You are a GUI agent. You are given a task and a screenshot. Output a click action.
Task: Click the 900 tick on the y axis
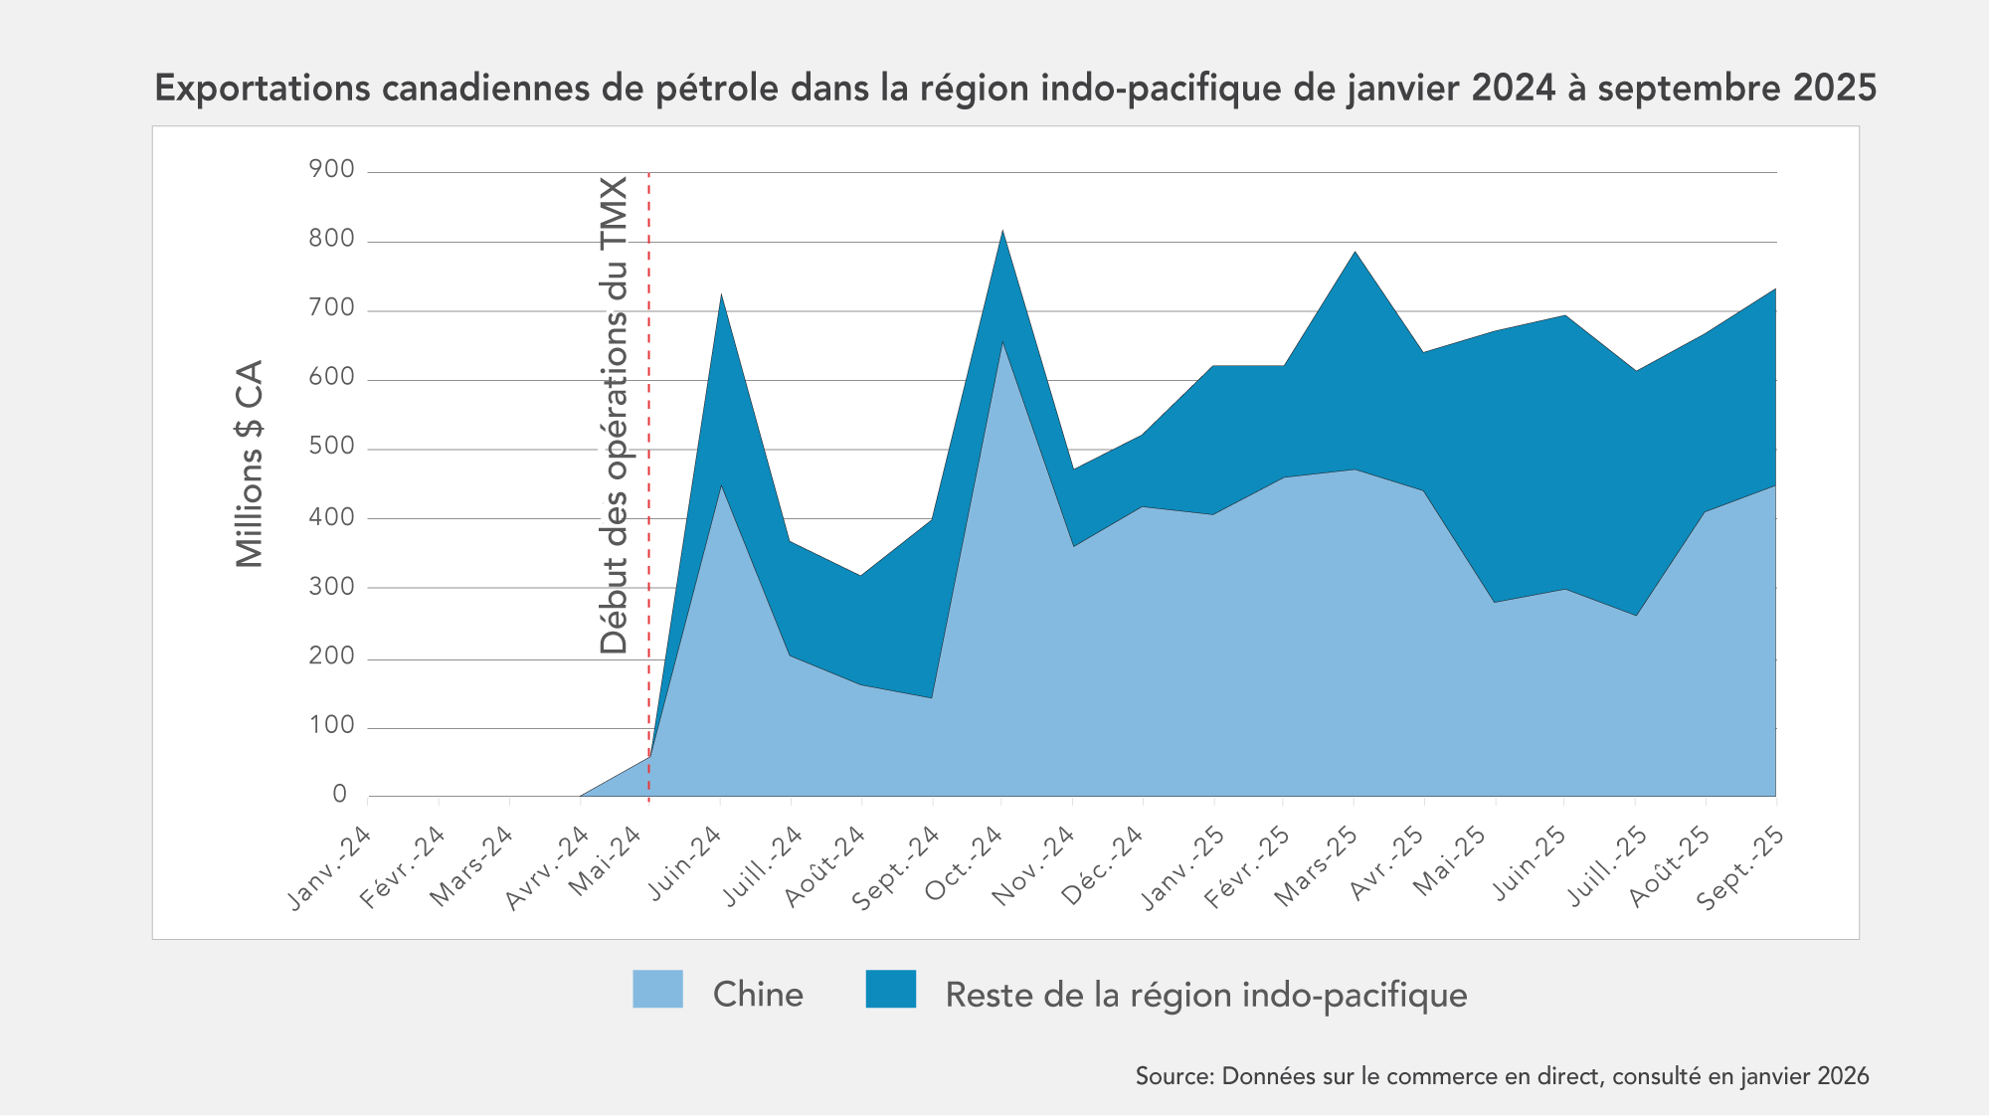(x=332, y=170)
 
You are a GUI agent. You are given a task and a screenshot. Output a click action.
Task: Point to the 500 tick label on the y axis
(x=332, y=447)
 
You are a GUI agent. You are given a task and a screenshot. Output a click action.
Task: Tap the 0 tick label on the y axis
(x=340, y=794)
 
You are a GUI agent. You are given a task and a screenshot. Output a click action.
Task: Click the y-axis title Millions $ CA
(x=250, y=464)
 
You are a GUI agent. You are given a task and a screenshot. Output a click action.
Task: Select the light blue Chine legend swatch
(x=657, y=989)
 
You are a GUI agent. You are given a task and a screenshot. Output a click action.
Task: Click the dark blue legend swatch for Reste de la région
(x=890, y=989)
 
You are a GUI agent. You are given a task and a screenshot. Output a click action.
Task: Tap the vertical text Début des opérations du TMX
(x=615, y=416)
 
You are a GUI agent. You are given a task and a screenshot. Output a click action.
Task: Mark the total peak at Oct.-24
(x=1002, y=231)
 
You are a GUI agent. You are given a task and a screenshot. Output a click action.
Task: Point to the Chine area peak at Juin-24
(x=721, y=485)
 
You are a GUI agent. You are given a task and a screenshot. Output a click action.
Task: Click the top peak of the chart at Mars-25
(x=1355, y=252)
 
